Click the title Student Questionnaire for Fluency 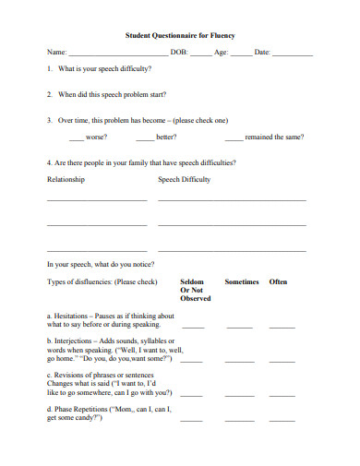tap(180, 35)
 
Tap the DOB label tap(179, 52)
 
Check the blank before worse tap(77, 138)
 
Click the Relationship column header tap(66, 179)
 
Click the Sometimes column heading tap(242, 281)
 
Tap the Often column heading tap(278, 281)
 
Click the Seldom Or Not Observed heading tap(195, 290)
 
